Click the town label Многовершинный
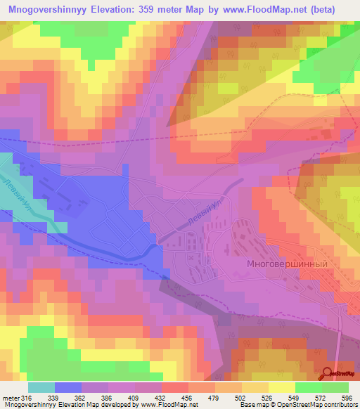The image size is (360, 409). tap(288, 258)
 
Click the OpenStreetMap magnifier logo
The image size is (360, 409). tap(328, 374)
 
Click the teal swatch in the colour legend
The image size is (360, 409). tap(41, 388)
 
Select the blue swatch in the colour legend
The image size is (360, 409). tap(68, 388)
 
